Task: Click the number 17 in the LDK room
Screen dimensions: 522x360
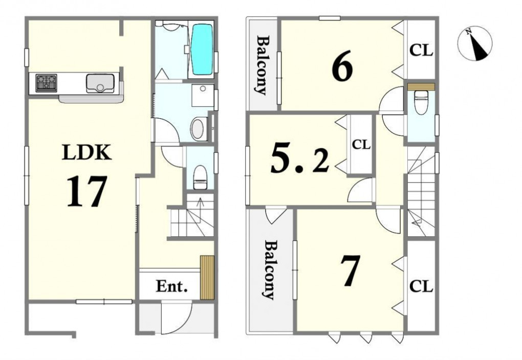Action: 87,191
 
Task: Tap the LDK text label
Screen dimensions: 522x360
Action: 86,153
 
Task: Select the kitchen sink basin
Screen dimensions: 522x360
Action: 100,83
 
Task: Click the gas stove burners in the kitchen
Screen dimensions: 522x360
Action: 46,83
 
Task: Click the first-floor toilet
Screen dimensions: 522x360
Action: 200,177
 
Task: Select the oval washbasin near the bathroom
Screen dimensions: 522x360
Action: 198,129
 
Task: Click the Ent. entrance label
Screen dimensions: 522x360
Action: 172,286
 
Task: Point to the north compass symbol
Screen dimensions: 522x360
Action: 475,43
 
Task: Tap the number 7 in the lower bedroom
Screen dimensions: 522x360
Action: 350,271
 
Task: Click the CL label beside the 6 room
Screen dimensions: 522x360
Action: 421,51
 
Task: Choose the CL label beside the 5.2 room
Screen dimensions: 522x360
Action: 361,145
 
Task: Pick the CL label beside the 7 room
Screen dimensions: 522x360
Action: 421,286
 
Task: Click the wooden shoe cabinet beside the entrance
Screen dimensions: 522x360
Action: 207,278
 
